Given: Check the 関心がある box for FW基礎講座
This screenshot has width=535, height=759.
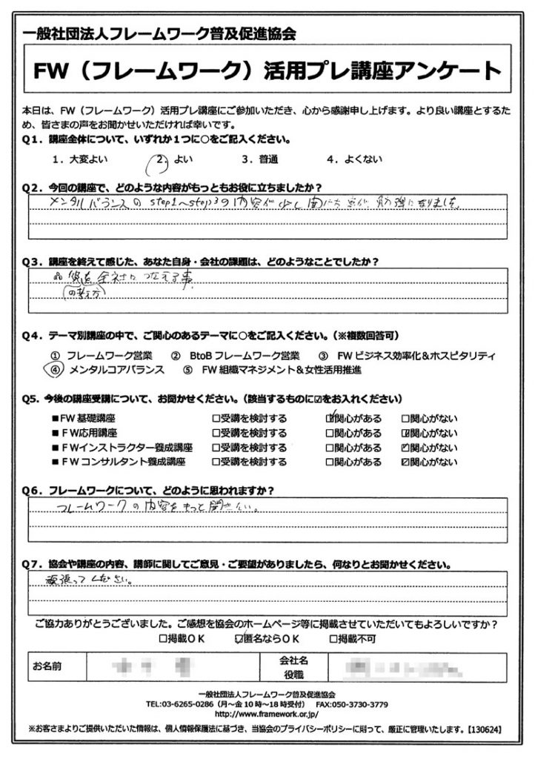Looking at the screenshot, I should click(330, 417).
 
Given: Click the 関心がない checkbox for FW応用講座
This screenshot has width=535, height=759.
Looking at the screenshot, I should click(405, 432).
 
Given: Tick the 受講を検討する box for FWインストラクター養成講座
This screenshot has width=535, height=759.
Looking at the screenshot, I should click(216, 447).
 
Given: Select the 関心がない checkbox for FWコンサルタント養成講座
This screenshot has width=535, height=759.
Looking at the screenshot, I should click(405, 462).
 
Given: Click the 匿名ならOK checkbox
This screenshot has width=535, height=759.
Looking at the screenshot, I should click(239, 637).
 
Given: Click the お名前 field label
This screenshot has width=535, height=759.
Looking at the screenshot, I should click(48, 665).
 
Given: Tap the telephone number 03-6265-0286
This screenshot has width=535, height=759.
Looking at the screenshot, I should click(186, 704).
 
